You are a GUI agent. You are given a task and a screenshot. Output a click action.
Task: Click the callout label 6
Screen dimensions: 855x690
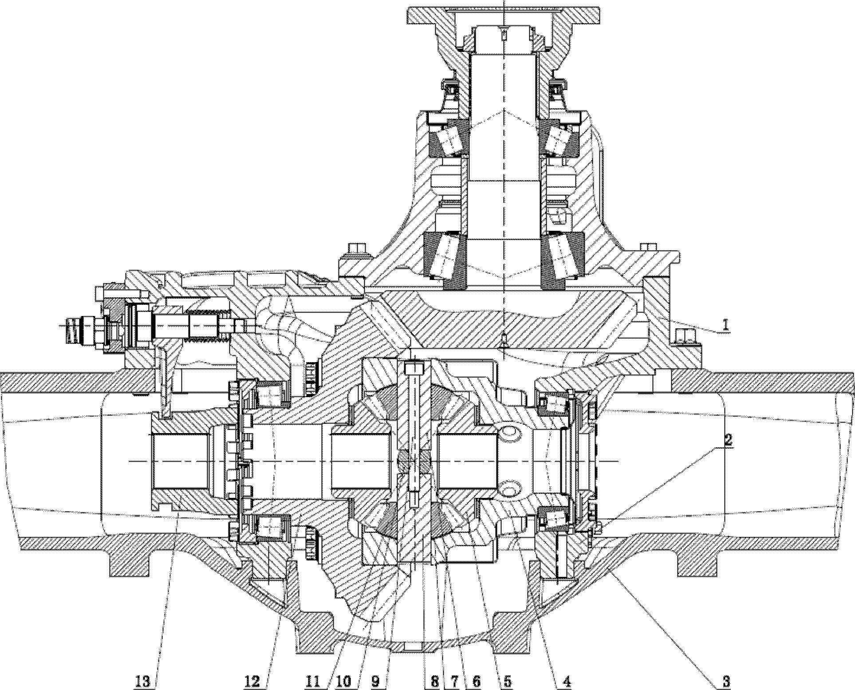[476, 680]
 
